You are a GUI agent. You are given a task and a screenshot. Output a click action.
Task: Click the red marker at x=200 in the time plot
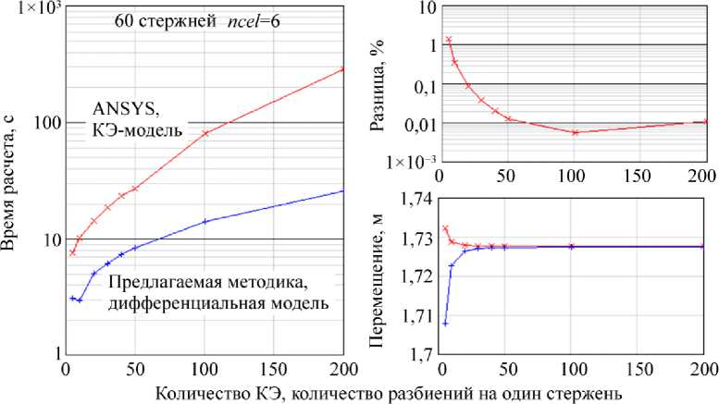point(342,69)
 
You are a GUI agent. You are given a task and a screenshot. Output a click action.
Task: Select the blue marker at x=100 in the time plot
point(205,221)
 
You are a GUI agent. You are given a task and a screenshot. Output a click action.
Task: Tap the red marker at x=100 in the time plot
point(205,134)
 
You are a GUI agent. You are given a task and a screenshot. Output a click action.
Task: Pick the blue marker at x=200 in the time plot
point(342,190)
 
